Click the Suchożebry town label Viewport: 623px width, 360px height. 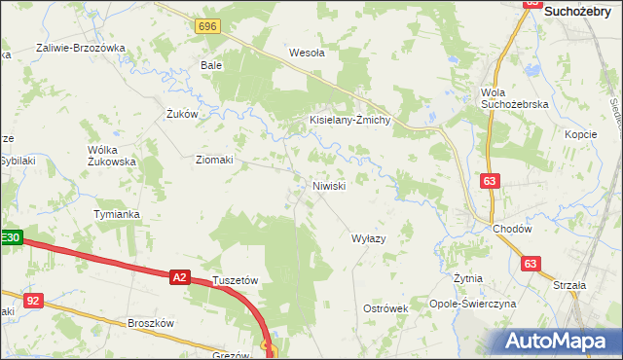tap(581, 11)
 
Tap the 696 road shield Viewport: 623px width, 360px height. tap(205, 26)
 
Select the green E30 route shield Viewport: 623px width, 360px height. tap(11, 236)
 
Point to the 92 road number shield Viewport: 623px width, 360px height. tap(34, 302)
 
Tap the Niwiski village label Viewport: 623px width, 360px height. tap(328, 185)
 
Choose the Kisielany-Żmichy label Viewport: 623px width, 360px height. tap(349, 120)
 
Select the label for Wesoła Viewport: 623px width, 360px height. tap(307, 54)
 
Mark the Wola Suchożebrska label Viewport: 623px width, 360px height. tap(515, 97)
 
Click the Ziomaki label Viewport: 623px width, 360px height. tap(214, 160)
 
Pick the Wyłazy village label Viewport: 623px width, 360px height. tap(369, 238)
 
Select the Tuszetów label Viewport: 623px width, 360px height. tap(235, 280)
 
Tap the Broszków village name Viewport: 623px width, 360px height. tap(150, 323)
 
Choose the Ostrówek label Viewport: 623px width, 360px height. tap(385, 307)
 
